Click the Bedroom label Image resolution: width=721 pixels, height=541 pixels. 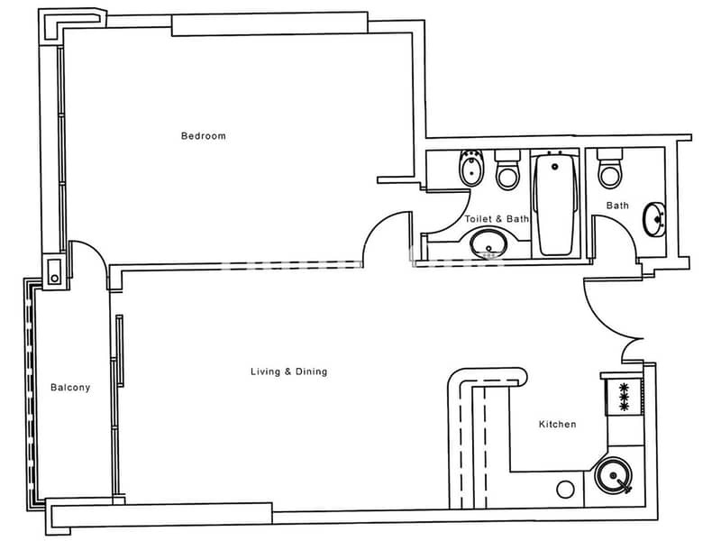tap(204, 136)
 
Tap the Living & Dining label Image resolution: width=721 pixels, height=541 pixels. tap(288, 371)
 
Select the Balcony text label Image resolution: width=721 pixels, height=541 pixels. tap(70, 388)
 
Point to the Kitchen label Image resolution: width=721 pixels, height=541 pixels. tap(557, 424)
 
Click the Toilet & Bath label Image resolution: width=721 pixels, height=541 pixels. tap(497, 219)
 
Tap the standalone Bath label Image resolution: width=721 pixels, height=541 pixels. tap(617, 206)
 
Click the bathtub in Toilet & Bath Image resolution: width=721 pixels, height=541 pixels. tap(555, 205)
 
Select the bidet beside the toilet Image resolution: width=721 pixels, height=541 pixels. tap(471, 168)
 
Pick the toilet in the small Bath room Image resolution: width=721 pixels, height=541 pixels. tap(610, 169)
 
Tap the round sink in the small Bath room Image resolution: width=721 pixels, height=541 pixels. tap(654, 219)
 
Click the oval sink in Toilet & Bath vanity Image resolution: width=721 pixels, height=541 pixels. tap(488, 243)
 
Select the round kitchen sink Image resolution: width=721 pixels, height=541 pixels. tap(613, 475)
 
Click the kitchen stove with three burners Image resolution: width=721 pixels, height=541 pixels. tap(624, 396)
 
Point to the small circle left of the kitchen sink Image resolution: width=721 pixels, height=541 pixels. tap(565, 490)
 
